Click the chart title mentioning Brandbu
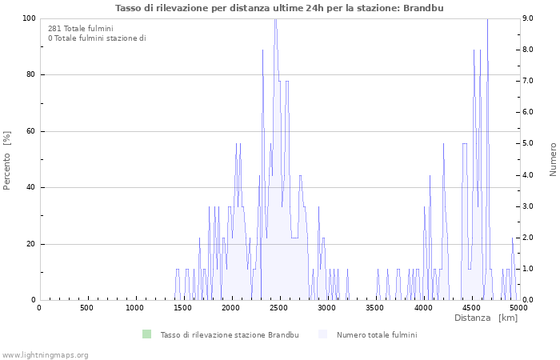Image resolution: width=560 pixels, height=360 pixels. click(x=279, y=8)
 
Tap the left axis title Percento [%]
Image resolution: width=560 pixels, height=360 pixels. click(x=7, y=160)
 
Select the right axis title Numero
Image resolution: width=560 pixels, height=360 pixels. click(x=553, y=159)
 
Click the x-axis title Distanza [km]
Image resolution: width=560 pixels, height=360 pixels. click(x=486, y=318)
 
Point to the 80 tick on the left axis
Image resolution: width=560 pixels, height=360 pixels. click(x=30, y=75)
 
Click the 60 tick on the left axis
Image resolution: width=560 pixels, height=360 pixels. click(x=30, y=131)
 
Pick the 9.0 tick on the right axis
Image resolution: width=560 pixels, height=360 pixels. click(x=527, y=18)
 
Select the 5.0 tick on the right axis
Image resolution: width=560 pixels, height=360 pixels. click(x=527, y=144)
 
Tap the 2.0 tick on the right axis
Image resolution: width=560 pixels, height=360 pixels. click(x=527, y=238)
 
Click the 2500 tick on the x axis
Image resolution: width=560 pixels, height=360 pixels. click(x=279, y=308)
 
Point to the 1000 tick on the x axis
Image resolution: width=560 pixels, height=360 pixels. click(x=135, y=308)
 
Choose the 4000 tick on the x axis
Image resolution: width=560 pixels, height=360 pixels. click(x=423, y=308)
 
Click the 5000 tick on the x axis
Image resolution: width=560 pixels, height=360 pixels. click(x=519, y=308)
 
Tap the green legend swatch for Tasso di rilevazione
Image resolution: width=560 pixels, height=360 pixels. click(x=146, y=334)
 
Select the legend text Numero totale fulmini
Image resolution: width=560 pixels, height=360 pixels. click(x=376, y=334)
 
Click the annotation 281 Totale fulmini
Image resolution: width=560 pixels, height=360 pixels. click(x=80, y=29)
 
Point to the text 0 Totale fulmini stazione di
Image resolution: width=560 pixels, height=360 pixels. click(x=97, y=38)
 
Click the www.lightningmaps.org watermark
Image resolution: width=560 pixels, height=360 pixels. click(x=45, y=354)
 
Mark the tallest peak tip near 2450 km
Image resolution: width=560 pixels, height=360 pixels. click(x=275, y=19)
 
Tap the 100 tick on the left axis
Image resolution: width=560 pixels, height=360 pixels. click(x=27, y=18)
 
